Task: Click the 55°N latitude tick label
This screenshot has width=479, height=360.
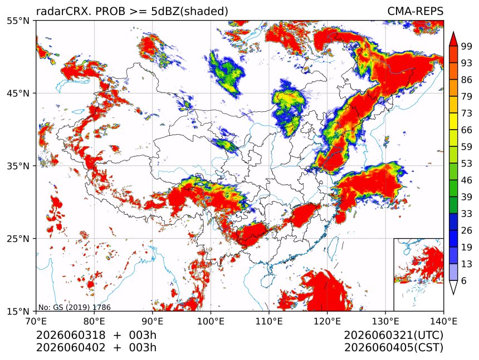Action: [x=18, y=21]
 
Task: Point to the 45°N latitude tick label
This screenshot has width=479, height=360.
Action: [x=18, y=93]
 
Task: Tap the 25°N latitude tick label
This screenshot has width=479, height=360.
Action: [x=18, y=238]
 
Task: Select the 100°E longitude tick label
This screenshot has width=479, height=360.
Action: [x=211, y=321]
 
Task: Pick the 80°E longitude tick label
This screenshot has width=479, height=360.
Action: [x=94, y=321]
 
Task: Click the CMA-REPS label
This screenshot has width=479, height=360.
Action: [x=415, y=11]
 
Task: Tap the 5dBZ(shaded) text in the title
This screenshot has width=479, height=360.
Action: [x=190, y=12]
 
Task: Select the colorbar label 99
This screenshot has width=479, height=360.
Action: [x=467, y=46]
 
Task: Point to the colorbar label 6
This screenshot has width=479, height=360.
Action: [x=464, y=280]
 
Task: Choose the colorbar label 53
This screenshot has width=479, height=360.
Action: [x=467, y=164]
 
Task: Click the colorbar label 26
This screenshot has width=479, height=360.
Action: [x=467, y=230]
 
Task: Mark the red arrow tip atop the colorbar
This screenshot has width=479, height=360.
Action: [x=453, y=32]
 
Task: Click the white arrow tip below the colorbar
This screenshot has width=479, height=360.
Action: [x=453, y=294]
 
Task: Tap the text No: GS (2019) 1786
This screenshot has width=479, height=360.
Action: [x=75, y=307]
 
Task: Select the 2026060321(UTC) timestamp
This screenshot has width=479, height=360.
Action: [x=393, y=335]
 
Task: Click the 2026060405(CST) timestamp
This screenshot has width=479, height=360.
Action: [x=393, y=348]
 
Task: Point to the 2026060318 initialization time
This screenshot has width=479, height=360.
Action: [x=71, y=335]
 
